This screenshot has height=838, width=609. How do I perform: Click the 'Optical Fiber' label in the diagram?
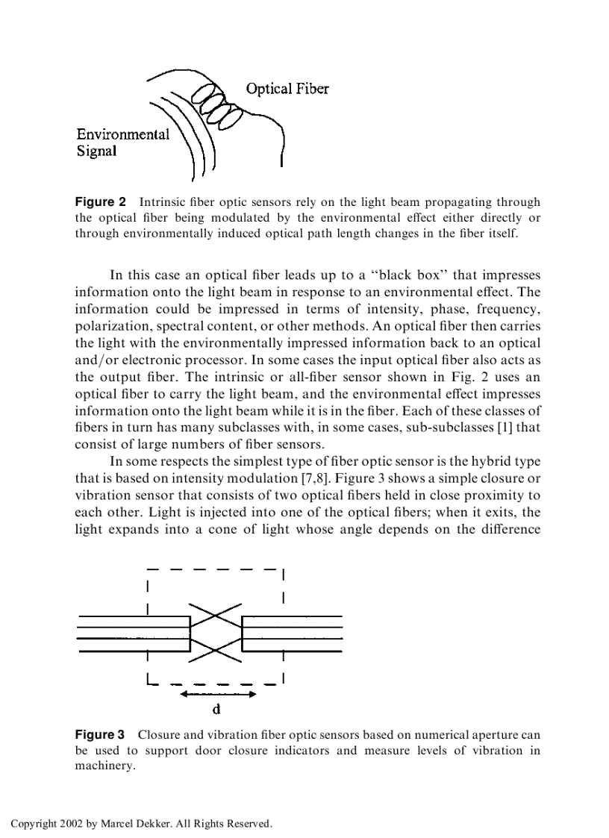(x=287, y=89)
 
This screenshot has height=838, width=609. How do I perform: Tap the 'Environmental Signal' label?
(x=122, y=143)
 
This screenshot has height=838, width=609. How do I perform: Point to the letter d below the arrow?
(x=217, y=709)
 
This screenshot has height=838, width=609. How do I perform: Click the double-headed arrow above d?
(x=217, y=694)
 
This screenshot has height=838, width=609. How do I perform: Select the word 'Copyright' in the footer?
(x=36, y=824)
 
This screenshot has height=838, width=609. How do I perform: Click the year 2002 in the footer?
(x=76, y=824)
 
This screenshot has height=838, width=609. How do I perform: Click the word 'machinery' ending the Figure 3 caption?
(x=104, y=766)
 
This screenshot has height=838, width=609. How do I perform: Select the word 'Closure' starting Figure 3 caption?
(x=157, y=735)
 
